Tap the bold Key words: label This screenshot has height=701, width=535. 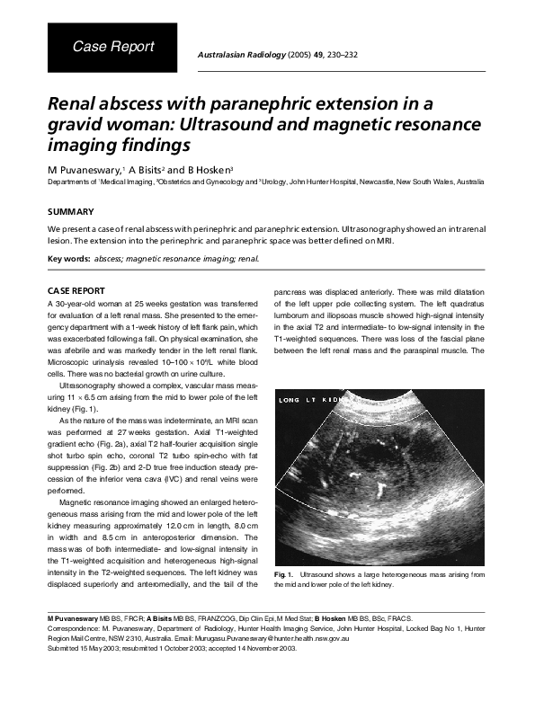[x=68, y=259]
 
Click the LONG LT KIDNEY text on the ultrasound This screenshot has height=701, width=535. [x=310, y=398]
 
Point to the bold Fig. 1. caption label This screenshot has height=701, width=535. [x=282, y=572]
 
